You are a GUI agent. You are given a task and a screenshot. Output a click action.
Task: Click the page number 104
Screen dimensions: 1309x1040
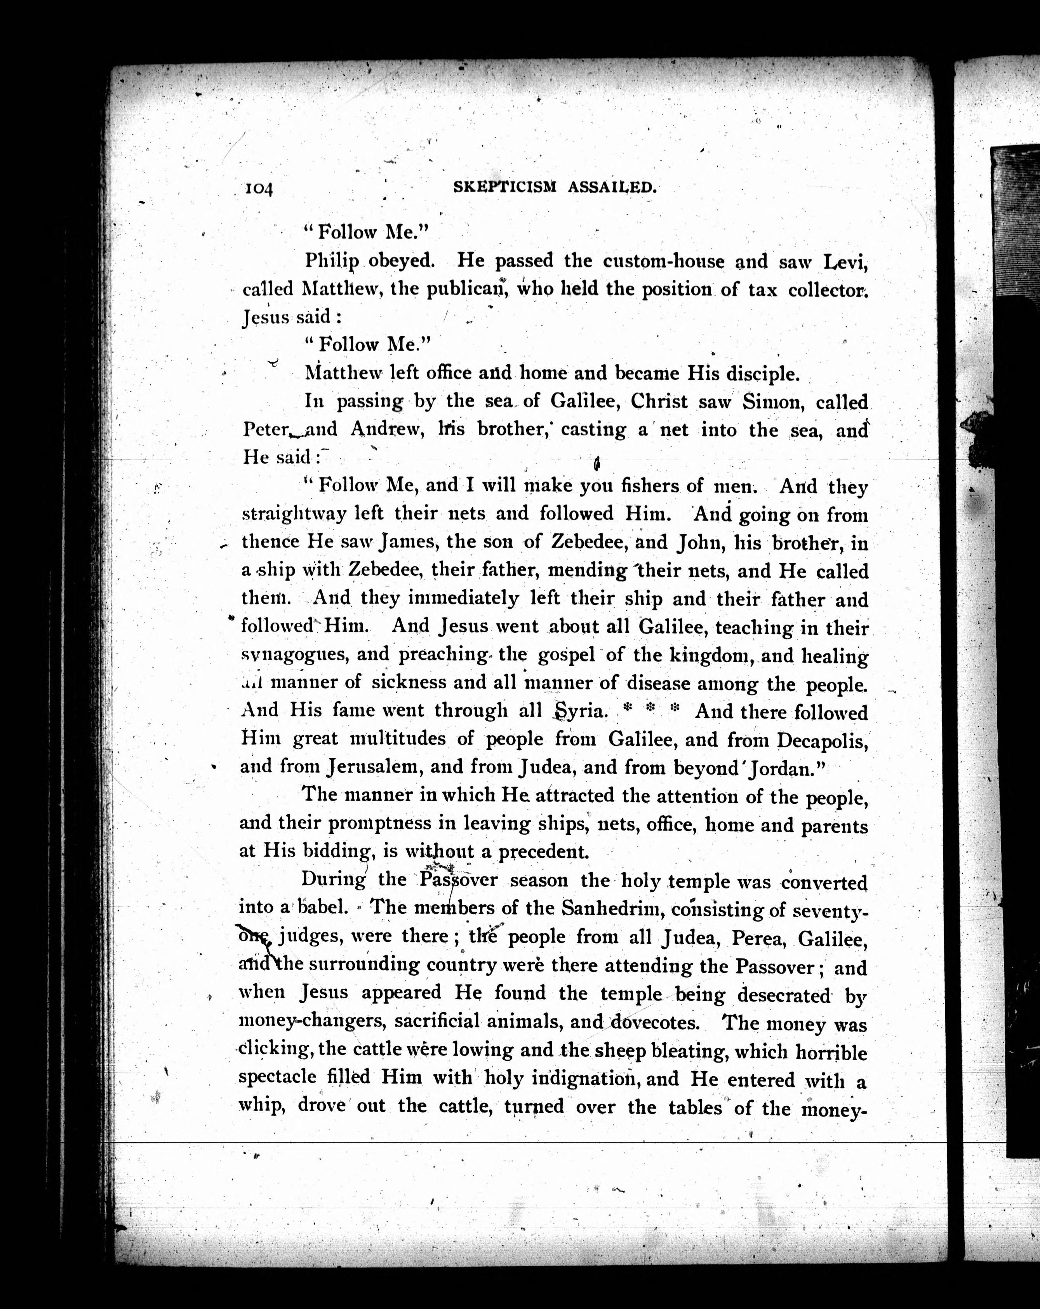(x=259, y=189)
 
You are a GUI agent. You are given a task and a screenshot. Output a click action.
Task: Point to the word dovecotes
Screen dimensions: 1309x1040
(x=655, y=1021)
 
